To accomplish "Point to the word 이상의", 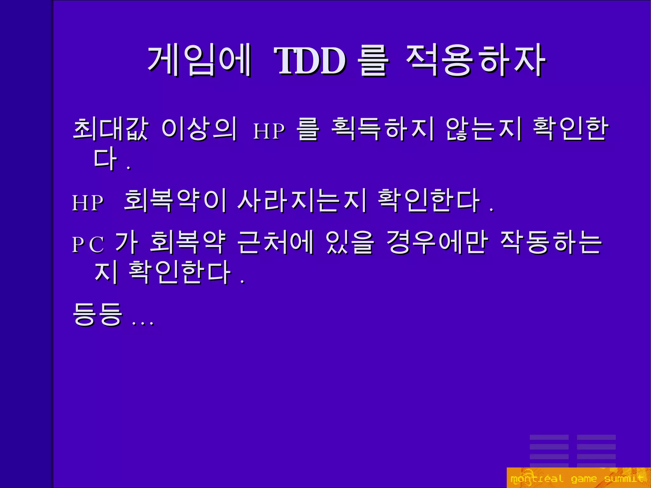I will [x=199, y=129].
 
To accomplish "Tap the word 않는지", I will [x=483, y=129].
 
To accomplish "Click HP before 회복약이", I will [x=88, y=203].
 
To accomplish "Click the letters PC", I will [x=88, y=244].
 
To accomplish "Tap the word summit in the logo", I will [x=623, y=478].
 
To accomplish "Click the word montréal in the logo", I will [x=537, y=478].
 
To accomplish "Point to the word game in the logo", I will [x=584, y=479].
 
